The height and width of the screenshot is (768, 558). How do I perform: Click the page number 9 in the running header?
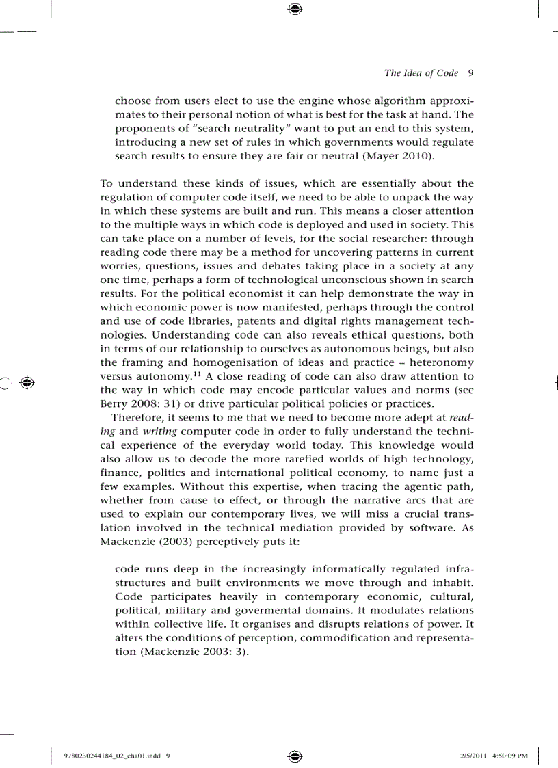tap(471, 73)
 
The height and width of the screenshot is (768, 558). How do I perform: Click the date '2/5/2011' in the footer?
tap(466, 756)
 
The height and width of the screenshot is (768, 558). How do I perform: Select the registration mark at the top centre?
tap(295, 9)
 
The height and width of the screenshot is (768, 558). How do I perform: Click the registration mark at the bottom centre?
tap(295, 756)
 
